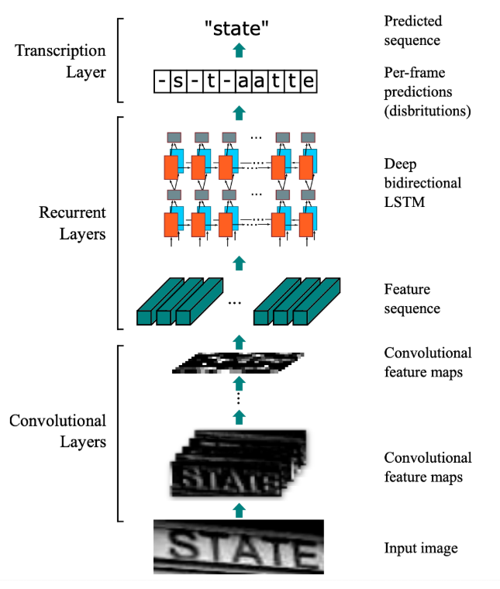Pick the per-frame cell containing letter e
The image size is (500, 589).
[x=309, y=81]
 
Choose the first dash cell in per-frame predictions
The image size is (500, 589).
[x=161, y=81]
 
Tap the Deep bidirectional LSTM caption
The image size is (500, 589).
[x=422, y=184]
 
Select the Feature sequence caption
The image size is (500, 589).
[x=412, y=299]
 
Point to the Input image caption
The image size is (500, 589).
[x=421, y=549]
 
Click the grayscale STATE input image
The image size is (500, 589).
[x=238, y=546]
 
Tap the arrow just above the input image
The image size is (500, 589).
[x=239, y=509]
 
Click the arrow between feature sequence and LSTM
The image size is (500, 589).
[x=239, y=262]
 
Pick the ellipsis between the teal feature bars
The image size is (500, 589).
[x=235, y=301]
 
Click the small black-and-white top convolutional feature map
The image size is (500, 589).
[x=238, y=363]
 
